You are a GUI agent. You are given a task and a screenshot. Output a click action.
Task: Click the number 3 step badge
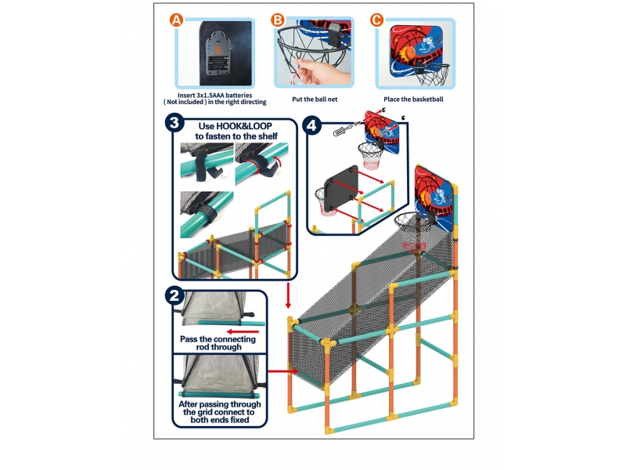coord(175,123)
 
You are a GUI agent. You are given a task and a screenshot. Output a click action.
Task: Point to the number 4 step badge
coord(313,124)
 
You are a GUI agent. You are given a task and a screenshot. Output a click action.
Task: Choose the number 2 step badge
coord(175,295)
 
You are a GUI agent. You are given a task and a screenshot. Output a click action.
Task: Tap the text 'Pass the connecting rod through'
coord(210,342)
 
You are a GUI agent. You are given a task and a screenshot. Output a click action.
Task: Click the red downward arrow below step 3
coord(289,296)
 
